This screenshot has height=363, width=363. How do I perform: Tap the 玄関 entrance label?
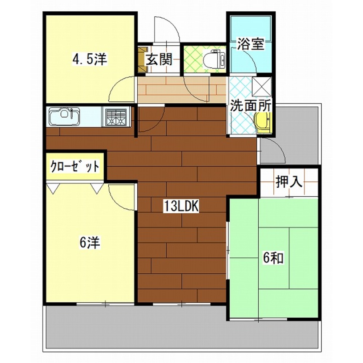pyautogui.click(x=159, y=59)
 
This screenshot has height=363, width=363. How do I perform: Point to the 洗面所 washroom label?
pyautogui.click(x=251, y=106)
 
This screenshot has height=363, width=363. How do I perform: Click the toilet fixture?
pyautogui.click(x=214, y=59)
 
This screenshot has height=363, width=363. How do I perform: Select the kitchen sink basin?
pyautogui.click(x=64, y=116)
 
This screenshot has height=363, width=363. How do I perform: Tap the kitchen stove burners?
pyautogui.click(x=116, y=116)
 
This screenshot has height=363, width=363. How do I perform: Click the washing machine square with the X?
pyautogui.click(x=262, y=87)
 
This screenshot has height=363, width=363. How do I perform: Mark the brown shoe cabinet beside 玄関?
pyautogui.click(x=142, y=59)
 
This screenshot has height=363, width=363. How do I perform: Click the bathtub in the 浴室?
pyautogui.click(x=251, y=29)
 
